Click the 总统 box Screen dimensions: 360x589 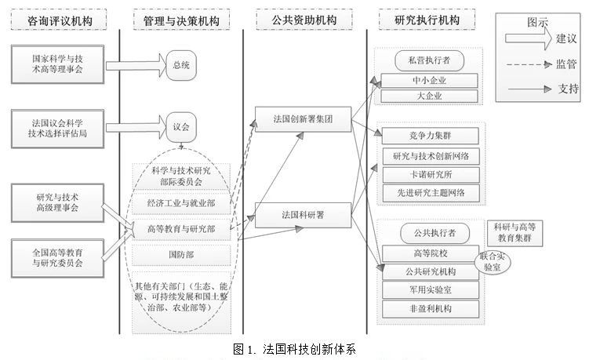(180, 64)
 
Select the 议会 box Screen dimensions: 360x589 (180, 125)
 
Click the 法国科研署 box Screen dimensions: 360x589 (303, 213)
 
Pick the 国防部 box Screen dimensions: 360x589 (181, 255)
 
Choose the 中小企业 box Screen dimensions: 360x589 (428, 81)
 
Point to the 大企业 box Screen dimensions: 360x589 (428, 96)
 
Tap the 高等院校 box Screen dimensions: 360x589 (428, 253)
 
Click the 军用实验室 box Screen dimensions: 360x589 (428, 290)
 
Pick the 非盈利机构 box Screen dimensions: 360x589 (428, 308)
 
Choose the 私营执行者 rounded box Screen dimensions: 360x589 (428, 60)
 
